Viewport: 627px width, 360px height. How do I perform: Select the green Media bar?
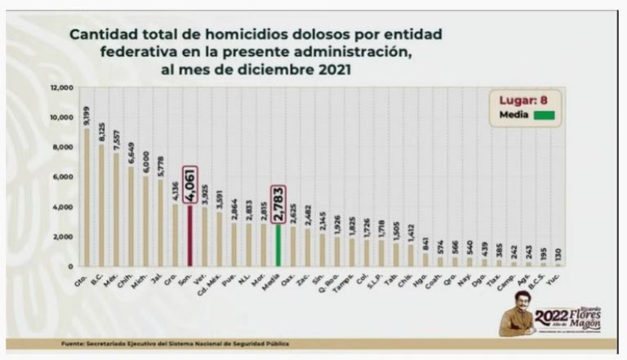coord(278,245)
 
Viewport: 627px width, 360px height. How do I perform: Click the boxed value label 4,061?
coord(189,185)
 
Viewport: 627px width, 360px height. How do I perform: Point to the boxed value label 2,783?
coord(278,204)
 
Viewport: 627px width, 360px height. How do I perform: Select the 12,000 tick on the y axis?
coord(62,87)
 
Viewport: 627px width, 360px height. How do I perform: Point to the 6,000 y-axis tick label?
coord(64,177)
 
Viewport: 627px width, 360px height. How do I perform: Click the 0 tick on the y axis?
coord(71,266)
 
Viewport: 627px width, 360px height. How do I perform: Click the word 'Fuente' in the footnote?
coord(74,344)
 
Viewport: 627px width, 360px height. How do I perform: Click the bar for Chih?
coord(131,216)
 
